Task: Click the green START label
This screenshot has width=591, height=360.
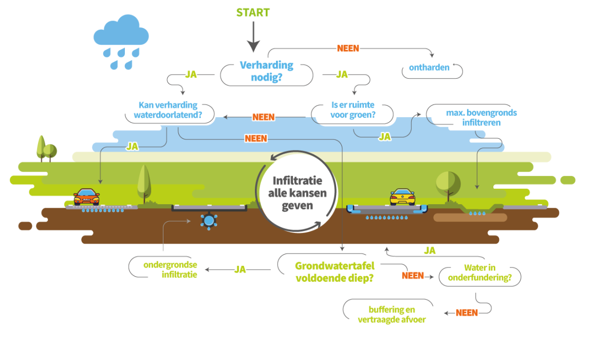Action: coord(253,12)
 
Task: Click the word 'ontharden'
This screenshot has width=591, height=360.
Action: coord(429,67)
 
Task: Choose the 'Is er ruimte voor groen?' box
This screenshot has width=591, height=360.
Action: coord(353,111)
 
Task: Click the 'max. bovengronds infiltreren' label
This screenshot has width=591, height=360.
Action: coord(474,118)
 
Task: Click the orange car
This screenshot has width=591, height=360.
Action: coord(86,197)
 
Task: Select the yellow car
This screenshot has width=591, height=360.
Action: coord(402,196)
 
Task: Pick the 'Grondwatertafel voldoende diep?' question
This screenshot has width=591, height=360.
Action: coord(335,271)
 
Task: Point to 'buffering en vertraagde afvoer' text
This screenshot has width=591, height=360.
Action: coord(392,314)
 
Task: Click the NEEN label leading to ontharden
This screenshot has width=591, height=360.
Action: coord(348,48)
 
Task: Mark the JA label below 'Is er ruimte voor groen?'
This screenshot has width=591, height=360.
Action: coord(384,136)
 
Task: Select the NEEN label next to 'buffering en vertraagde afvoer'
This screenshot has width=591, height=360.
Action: coord(467,313)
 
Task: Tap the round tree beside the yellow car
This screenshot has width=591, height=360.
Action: coord(448,183)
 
